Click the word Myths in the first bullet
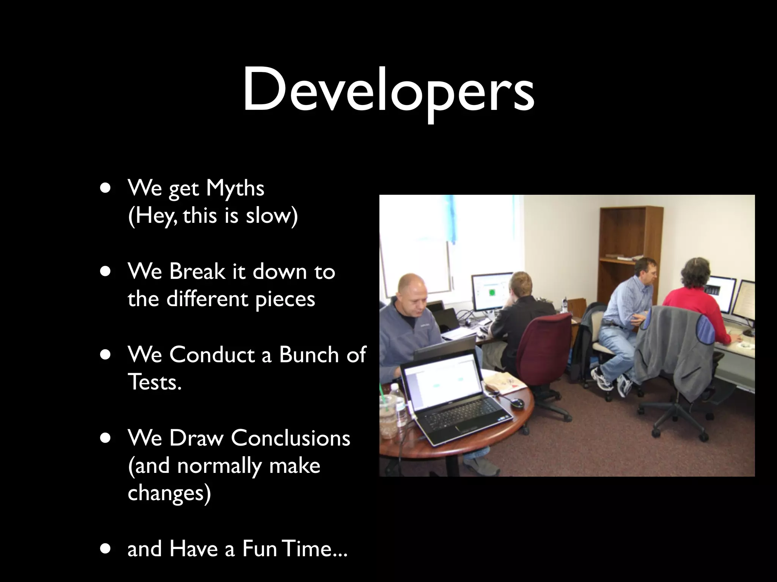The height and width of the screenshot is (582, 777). pos(235,188)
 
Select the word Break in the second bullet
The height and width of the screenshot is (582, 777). pos(197,271)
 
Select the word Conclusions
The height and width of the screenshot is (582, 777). pos(290,438)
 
